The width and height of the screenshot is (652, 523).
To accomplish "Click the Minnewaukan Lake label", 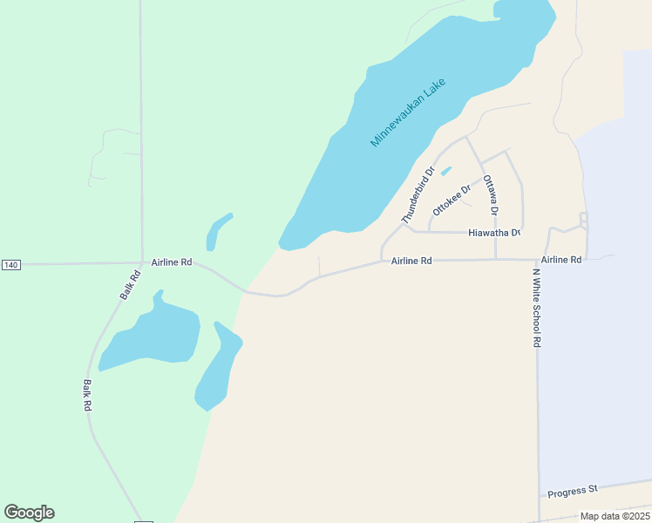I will pos(409,113).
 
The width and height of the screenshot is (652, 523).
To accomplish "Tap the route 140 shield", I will pos(10,264).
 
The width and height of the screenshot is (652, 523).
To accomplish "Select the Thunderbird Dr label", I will pos(418,195).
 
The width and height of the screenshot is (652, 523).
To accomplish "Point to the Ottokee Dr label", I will pos(452,200).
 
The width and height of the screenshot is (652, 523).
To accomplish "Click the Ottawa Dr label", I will pos(490,194).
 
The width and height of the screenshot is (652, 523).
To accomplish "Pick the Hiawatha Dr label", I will pos(493,233).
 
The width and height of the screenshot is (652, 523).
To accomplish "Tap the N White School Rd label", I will pos(537,308).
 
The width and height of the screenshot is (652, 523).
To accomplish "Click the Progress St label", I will pos(572,492).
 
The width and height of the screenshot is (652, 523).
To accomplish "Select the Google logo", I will pos(29,513).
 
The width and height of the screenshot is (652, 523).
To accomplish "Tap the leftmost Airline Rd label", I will pos(171,261).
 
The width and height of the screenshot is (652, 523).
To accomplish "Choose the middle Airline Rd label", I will pos(411,261).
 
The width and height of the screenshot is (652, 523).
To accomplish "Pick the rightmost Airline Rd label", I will pos(560,260).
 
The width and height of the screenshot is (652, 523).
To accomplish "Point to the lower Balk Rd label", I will pos(87,395).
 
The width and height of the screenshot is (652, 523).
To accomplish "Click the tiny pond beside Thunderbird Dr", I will pos(446,171).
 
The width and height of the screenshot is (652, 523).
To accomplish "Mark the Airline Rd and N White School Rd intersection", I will pos(535,260).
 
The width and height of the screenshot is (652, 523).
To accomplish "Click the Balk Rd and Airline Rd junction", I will pos(143,261).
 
